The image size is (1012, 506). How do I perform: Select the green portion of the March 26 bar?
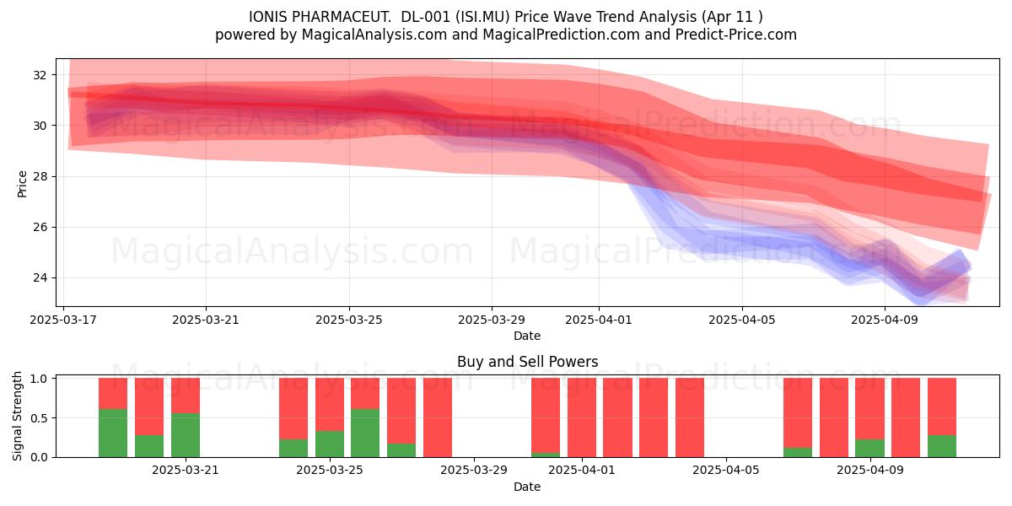pyautogui.click(x=365, y=433)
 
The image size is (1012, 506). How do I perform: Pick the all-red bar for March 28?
pyautogui.click(x=438, y=417)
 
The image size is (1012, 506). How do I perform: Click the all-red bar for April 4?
pyautogui.click(x=690, y=417)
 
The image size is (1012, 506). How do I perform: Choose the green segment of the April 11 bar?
pyautogui.click(x=941, y=446)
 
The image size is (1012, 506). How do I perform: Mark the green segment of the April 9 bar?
pyautogui.click(x=869, y=448)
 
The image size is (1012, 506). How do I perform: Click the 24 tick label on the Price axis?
pyautogui.click(x=40, y=277)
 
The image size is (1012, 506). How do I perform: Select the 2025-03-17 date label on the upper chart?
pyautogui.click(x=63, y=320)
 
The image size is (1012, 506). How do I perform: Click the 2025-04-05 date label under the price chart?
pyautogui.click(x=742, y=320)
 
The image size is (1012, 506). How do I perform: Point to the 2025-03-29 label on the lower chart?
pyautogui.click(x=474, y=471)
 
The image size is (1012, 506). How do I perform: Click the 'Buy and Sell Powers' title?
pyautogui.click(x=527, y=362)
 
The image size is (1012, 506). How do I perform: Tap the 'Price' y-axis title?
pyautogui.click(x=22, y=185)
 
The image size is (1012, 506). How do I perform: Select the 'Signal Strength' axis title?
pyautogui.click(x=17, y=416)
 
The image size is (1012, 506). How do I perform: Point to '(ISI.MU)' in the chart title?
pyautogui.click(x=482, y=17)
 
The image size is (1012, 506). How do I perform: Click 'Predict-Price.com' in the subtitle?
pyautogui.click(x=736, y=35)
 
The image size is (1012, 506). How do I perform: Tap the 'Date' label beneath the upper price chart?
pyautogui.click(x=527, y=336)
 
